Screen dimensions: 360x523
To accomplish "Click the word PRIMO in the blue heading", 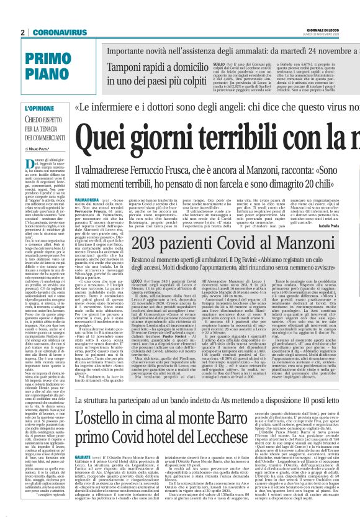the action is [x=47, y=57].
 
